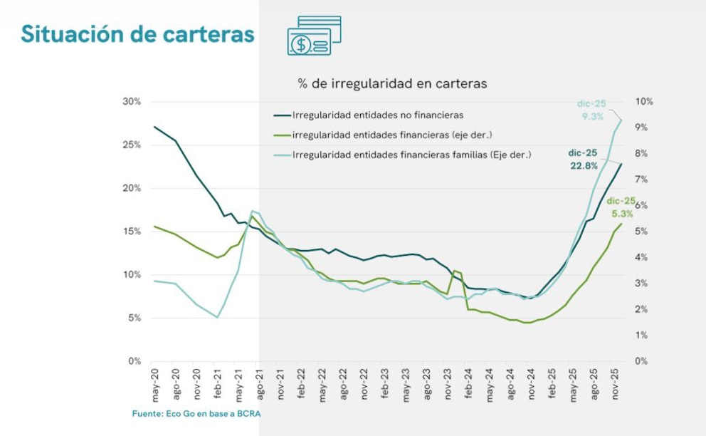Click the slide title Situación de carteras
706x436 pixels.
(137, 33)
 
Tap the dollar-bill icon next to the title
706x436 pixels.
(314, 36)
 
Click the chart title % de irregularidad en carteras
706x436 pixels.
(392, 83)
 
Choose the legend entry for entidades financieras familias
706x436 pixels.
(412, 154)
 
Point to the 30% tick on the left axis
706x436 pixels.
(132, 102)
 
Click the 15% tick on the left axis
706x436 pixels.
(132, 232)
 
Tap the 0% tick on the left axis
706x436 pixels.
(135, 361)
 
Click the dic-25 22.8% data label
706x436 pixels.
(583, 160)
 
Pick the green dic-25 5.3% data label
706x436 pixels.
(621, 207)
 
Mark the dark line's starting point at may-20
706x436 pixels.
(154, 127)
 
